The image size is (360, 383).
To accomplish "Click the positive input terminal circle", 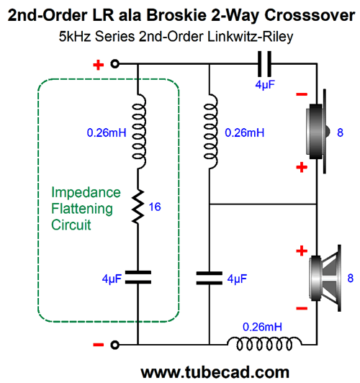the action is [114, 64].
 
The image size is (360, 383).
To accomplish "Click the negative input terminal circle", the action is [114, 345].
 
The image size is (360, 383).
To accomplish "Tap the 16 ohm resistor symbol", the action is [138, 207].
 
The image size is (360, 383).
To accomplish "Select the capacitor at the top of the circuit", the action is [265, 64].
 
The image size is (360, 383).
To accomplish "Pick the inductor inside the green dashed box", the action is [139, 132].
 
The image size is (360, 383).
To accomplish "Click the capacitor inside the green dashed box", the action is [138, 277].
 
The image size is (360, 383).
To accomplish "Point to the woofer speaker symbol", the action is [325, 278].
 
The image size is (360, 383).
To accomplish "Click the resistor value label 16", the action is [155, 207].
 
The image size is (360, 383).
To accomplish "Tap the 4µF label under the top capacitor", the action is [265, 85].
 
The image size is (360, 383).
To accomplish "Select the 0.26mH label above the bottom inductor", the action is [262, 327].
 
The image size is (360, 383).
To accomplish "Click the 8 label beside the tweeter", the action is [341, 132].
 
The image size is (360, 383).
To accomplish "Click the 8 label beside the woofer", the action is [351, 278].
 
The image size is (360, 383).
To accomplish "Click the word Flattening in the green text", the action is [82, 209].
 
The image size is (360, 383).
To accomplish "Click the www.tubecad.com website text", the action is [215, 372].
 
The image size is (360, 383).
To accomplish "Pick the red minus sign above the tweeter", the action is [302, 94].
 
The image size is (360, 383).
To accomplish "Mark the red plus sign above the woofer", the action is [302, 251].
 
